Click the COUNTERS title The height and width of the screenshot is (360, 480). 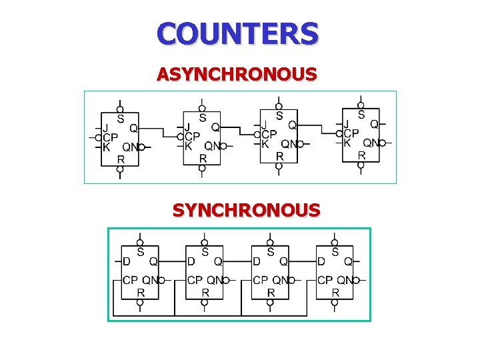238,33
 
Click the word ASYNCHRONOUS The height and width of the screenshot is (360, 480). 237,74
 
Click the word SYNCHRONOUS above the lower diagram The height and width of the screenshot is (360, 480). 246,211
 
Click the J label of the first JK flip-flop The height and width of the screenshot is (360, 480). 105,127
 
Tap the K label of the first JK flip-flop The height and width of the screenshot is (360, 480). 105,147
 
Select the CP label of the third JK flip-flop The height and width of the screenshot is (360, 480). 268,133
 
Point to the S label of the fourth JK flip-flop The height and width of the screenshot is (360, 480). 361,115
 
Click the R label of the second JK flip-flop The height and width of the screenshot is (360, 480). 203,158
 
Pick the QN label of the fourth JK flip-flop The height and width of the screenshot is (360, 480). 371,143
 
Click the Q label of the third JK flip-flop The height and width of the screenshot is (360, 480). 292,125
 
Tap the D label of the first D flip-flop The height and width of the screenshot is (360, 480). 126,261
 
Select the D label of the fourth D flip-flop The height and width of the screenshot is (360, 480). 321,261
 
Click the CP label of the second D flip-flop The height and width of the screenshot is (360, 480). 195,280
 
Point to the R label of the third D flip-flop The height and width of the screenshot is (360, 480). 271,292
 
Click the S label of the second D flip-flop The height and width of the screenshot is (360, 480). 205,252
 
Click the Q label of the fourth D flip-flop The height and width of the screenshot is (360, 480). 348,261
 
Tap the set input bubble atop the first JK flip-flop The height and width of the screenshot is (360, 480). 119,108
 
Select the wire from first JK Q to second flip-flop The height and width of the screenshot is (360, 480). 160,128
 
